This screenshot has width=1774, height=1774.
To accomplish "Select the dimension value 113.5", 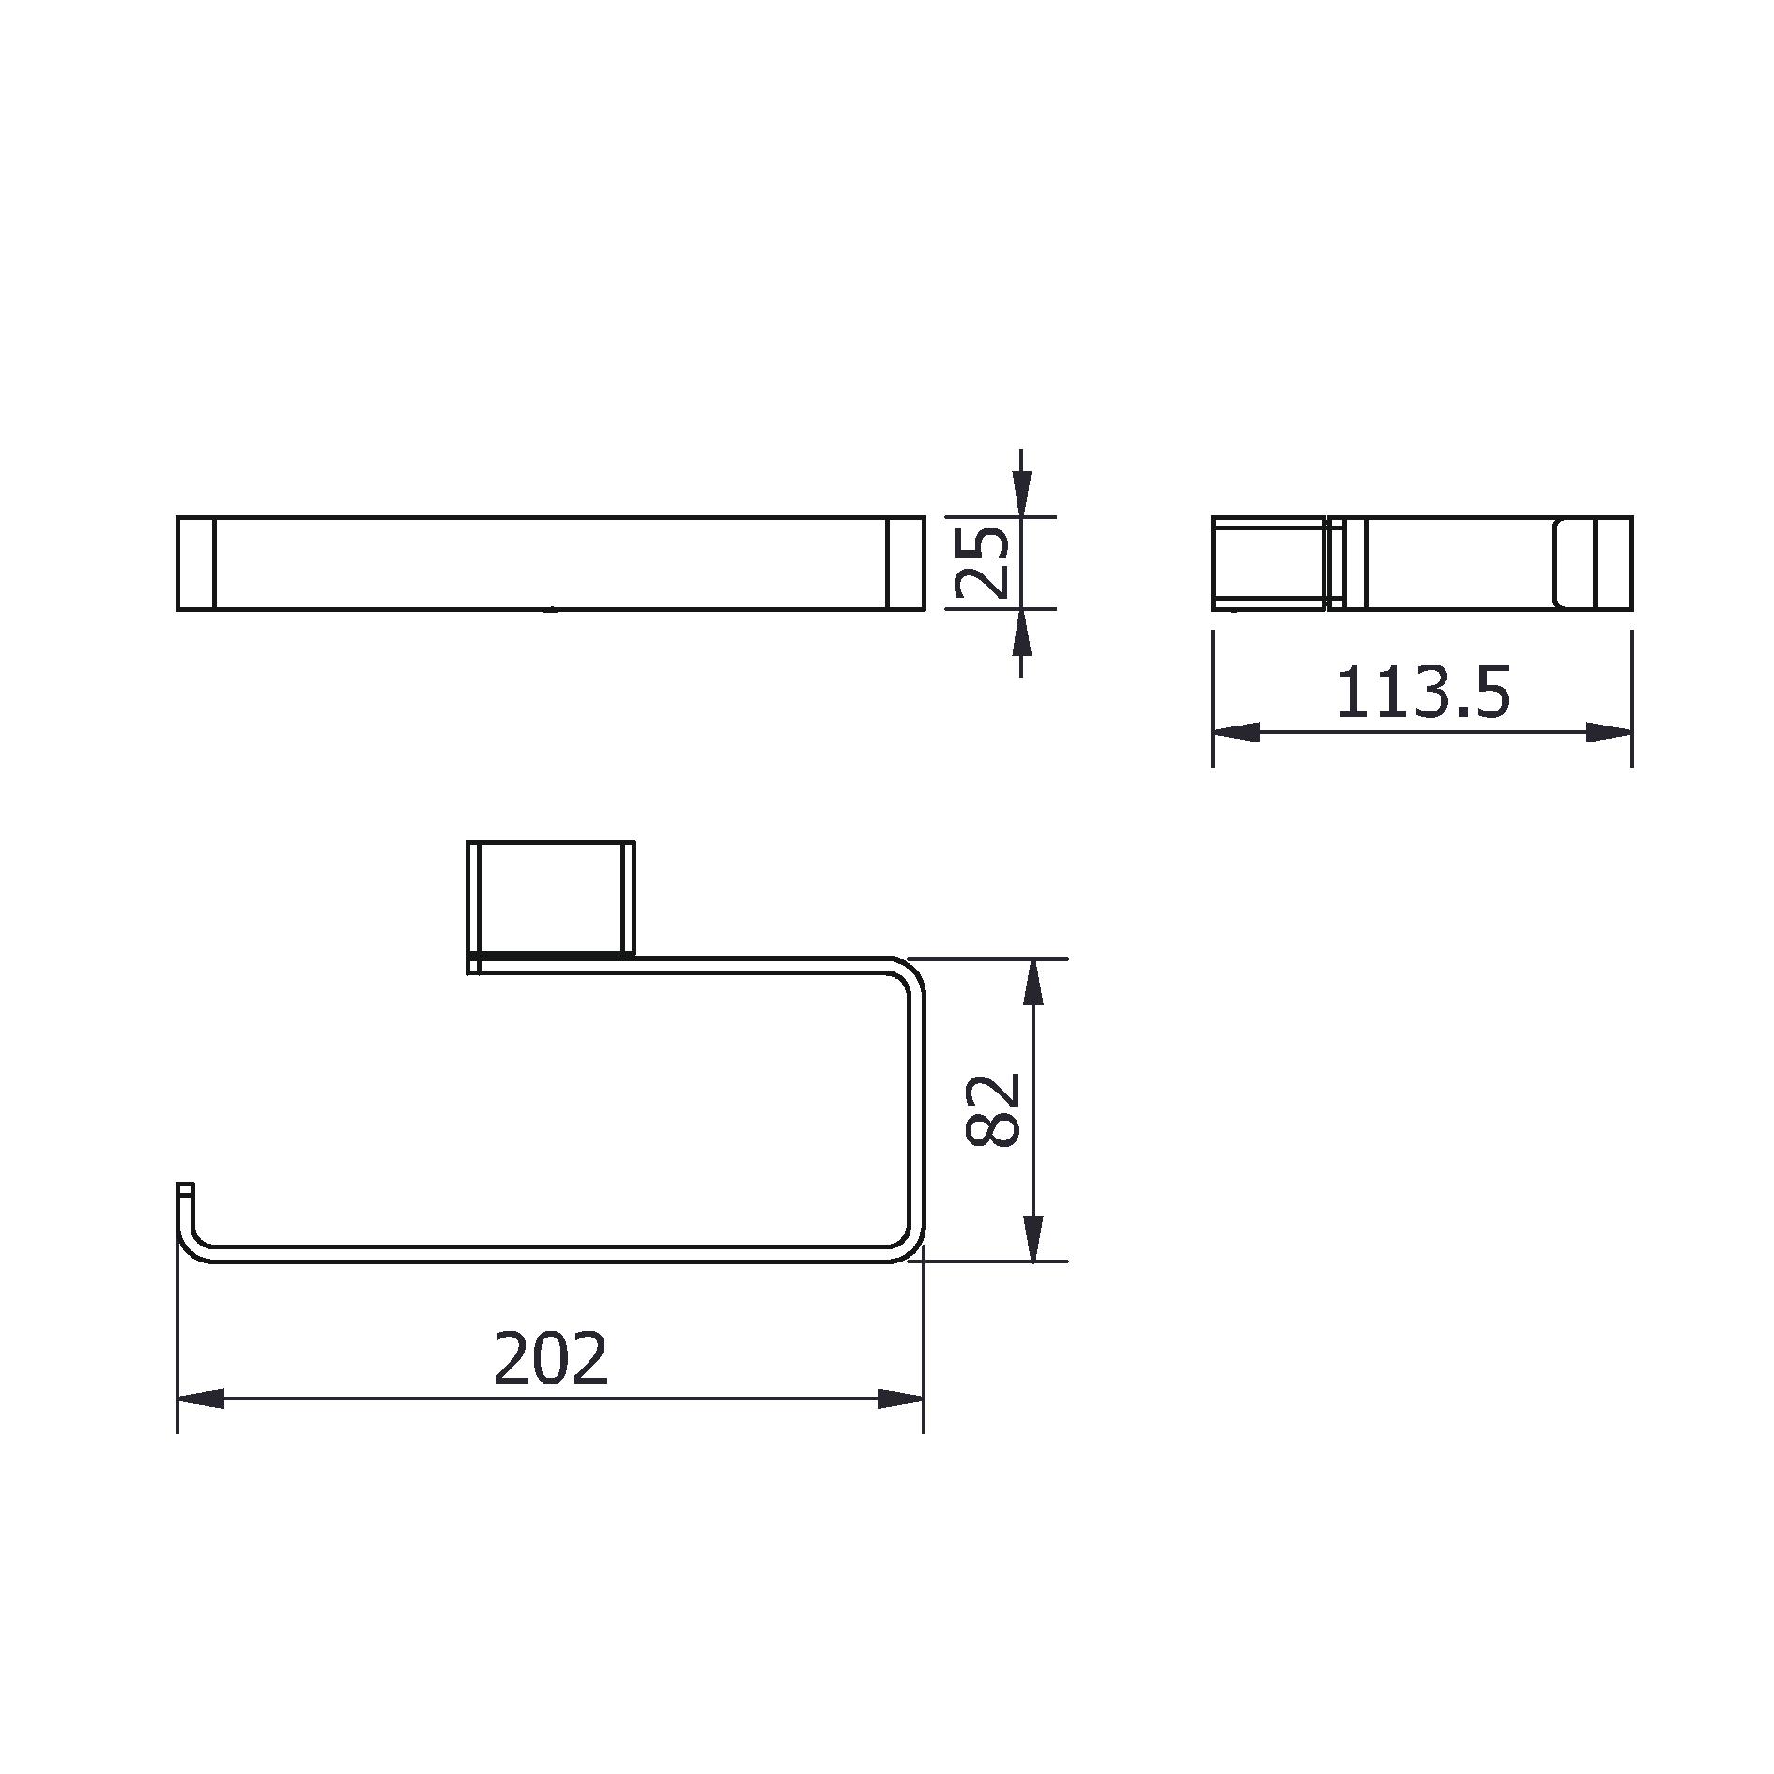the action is click(x=1423, y=693).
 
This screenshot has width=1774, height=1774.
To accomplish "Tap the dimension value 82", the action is click(x=992, y=1110).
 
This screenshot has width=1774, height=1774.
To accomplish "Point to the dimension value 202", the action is click(x=551, y=1358).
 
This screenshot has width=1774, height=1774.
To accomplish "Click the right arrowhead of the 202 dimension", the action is click(x=900, y=1399).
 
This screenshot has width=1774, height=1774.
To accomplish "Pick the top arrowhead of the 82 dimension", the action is click(x=1032, y=982).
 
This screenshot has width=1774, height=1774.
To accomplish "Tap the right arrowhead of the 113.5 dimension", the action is click(x=1609, y=732).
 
